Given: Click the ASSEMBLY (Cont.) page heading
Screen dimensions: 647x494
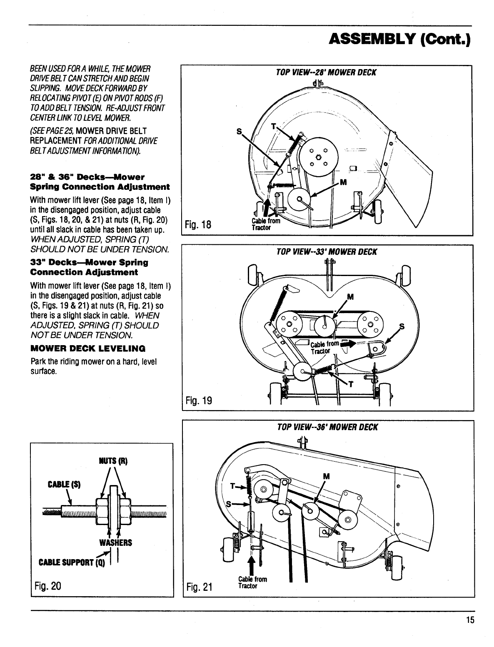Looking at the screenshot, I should (399, 40).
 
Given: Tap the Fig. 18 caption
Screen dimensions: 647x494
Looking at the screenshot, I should (198, 225).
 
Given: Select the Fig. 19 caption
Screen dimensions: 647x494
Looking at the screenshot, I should (198, 401).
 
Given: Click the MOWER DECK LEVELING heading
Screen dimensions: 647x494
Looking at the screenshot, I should (88, 348).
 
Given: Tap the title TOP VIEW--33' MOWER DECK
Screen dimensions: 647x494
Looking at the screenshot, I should (327, 252).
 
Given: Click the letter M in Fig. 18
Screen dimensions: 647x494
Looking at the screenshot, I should (344, 182).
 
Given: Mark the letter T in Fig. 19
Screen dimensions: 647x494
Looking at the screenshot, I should (351, 383).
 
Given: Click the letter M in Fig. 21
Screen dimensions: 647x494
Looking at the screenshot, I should (326, 476).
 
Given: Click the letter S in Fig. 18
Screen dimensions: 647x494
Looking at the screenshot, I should (239, 131).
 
